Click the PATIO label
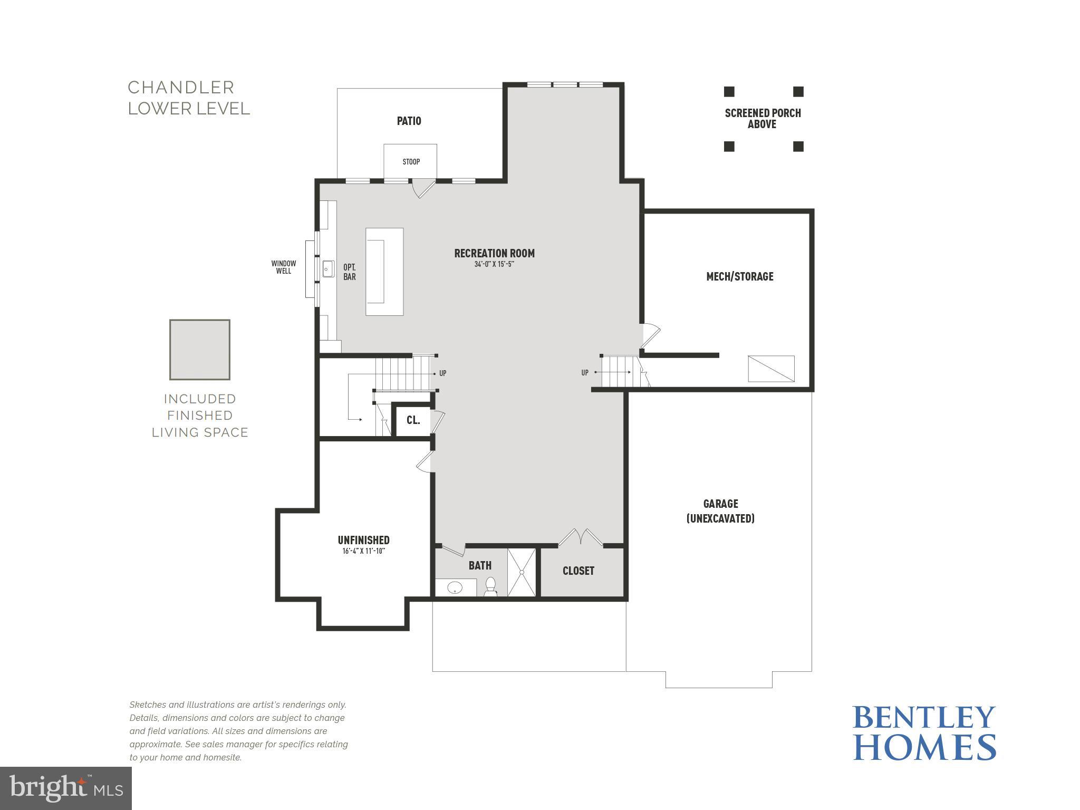click(409, 121)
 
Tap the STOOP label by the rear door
click(411, 162)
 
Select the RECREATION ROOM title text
click(494, 254)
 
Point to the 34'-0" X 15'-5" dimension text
click(494, 264)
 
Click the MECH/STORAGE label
click(739, 276)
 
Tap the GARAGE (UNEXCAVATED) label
click(720, 511)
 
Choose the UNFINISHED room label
click(363, 540)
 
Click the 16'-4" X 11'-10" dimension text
click(363, 552)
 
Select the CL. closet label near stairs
click(413, 420)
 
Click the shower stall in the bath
click(522, 572)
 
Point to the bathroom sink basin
click(455, 587)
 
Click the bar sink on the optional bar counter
click(328, 269)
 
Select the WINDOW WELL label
click(283, 267)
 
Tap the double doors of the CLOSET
click(581, 538)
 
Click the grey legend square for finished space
click(200, 350)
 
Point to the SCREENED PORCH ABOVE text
click(763, 119)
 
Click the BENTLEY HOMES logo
click(924, 733)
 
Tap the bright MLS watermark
click(65, 788)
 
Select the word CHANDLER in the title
click(181, 88)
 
